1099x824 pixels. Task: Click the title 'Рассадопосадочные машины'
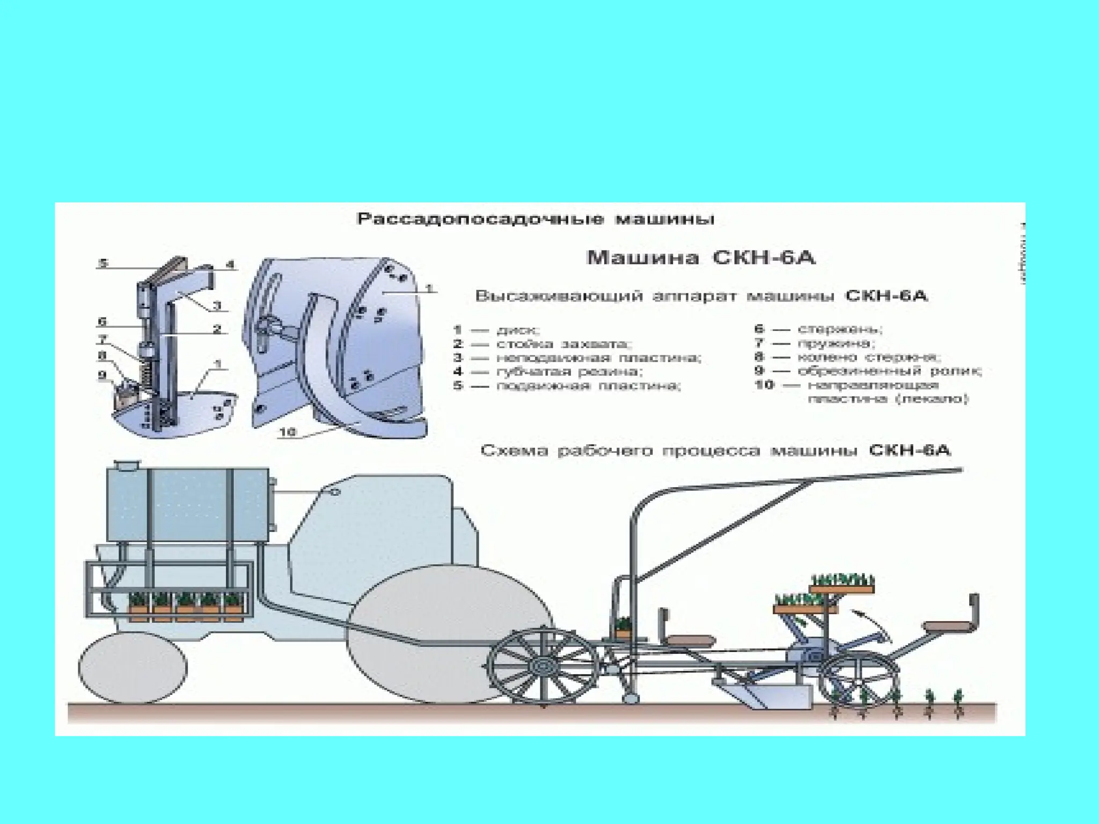pos(536,219)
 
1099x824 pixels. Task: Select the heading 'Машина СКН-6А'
pos(701,258)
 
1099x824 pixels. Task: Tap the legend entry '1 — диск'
pos(496,329)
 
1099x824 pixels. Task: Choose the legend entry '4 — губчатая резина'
pos(548,371)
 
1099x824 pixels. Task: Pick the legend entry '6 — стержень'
pos(818,329)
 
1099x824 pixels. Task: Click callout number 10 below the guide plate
pos(288,432)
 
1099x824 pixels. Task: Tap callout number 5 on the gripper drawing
pos(103,263)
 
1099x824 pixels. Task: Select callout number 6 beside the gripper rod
pos(102,322)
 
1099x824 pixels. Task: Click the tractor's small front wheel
pos(133,668)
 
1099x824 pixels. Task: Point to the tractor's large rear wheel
pos(451,633)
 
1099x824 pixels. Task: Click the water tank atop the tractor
pos(188,504)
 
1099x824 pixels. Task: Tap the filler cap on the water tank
pos(127,466)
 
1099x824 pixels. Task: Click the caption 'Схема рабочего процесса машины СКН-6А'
pos(715,450)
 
